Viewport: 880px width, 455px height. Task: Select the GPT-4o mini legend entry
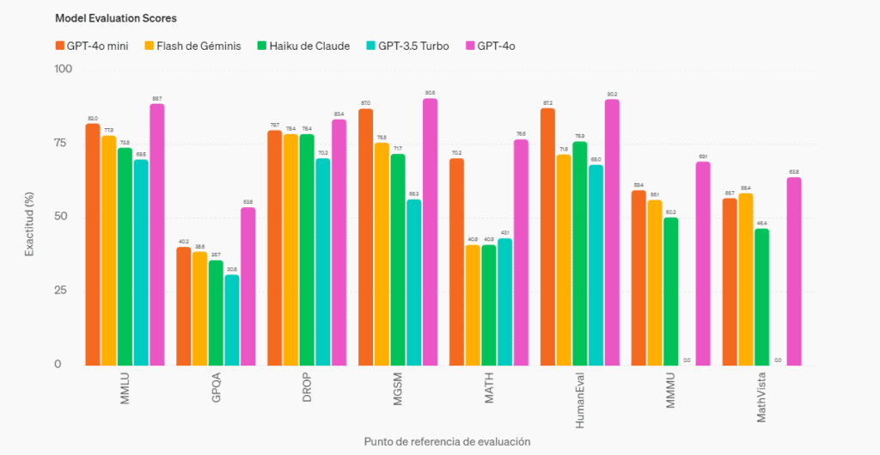[91, 46]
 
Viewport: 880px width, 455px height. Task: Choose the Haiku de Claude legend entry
[302, 46]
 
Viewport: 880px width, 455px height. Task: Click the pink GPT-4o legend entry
[495, 46]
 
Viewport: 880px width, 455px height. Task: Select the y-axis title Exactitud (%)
[29, 217]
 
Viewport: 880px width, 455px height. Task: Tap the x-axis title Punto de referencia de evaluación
[447, 441]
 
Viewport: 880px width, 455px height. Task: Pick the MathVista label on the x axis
[761, 397]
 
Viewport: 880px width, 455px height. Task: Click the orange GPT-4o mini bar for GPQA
[184, 305]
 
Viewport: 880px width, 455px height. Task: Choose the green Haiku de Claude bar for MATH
[489, 304]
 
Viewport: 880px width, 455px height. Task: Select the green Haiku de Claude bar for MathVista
[761, 296]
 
